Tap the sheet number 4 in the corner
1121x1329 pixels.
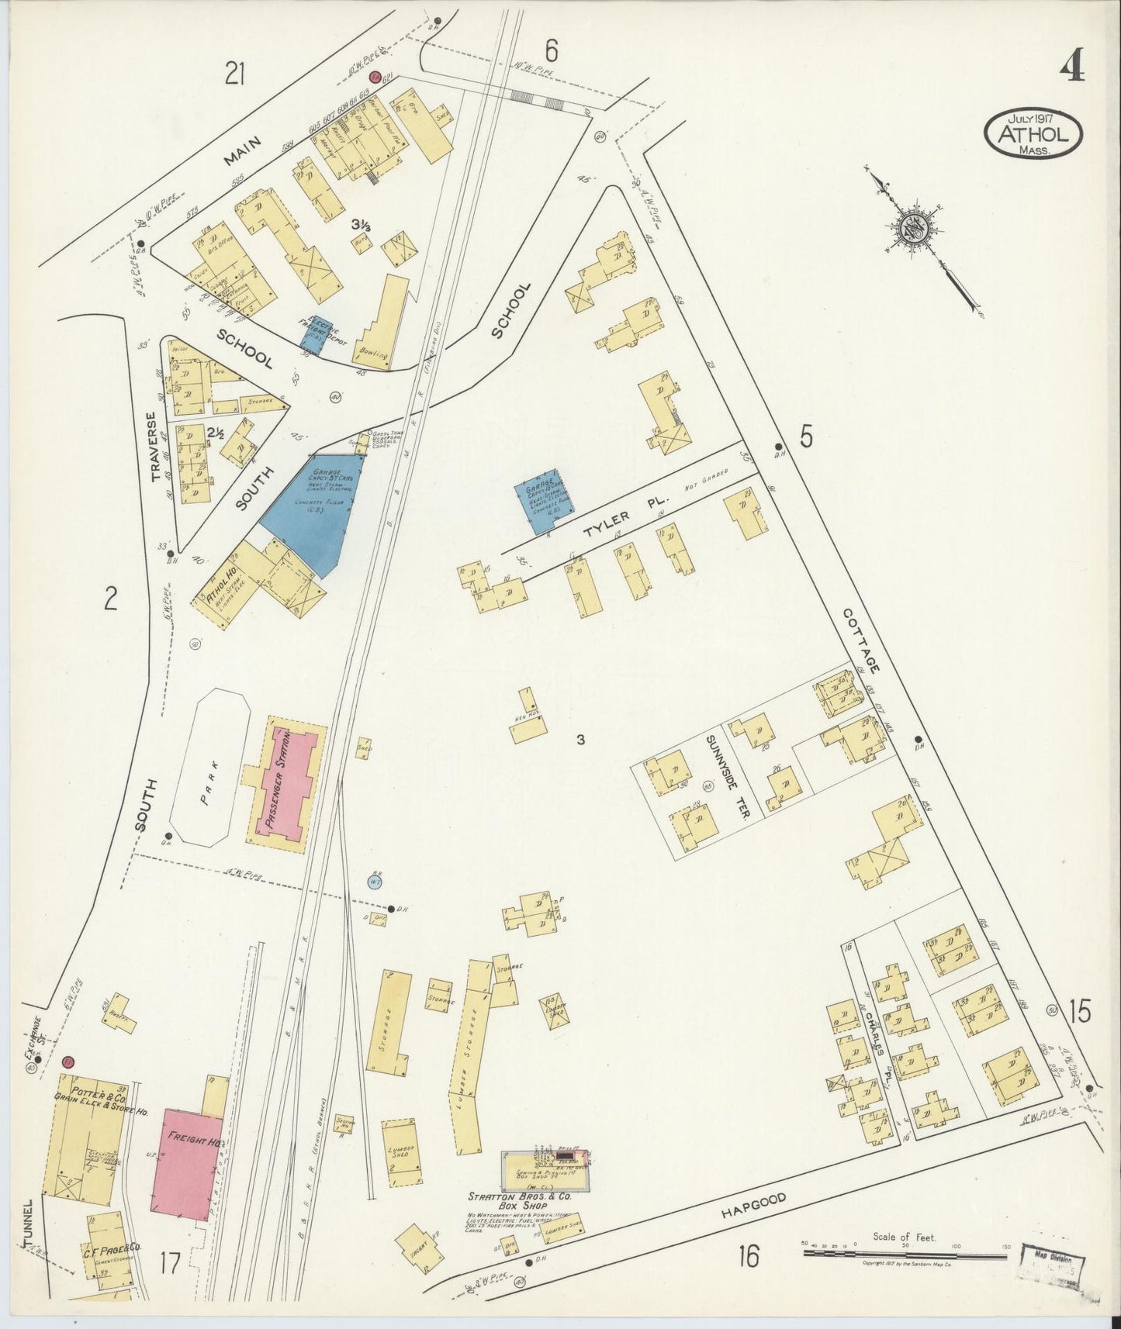pos(1071,68)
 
